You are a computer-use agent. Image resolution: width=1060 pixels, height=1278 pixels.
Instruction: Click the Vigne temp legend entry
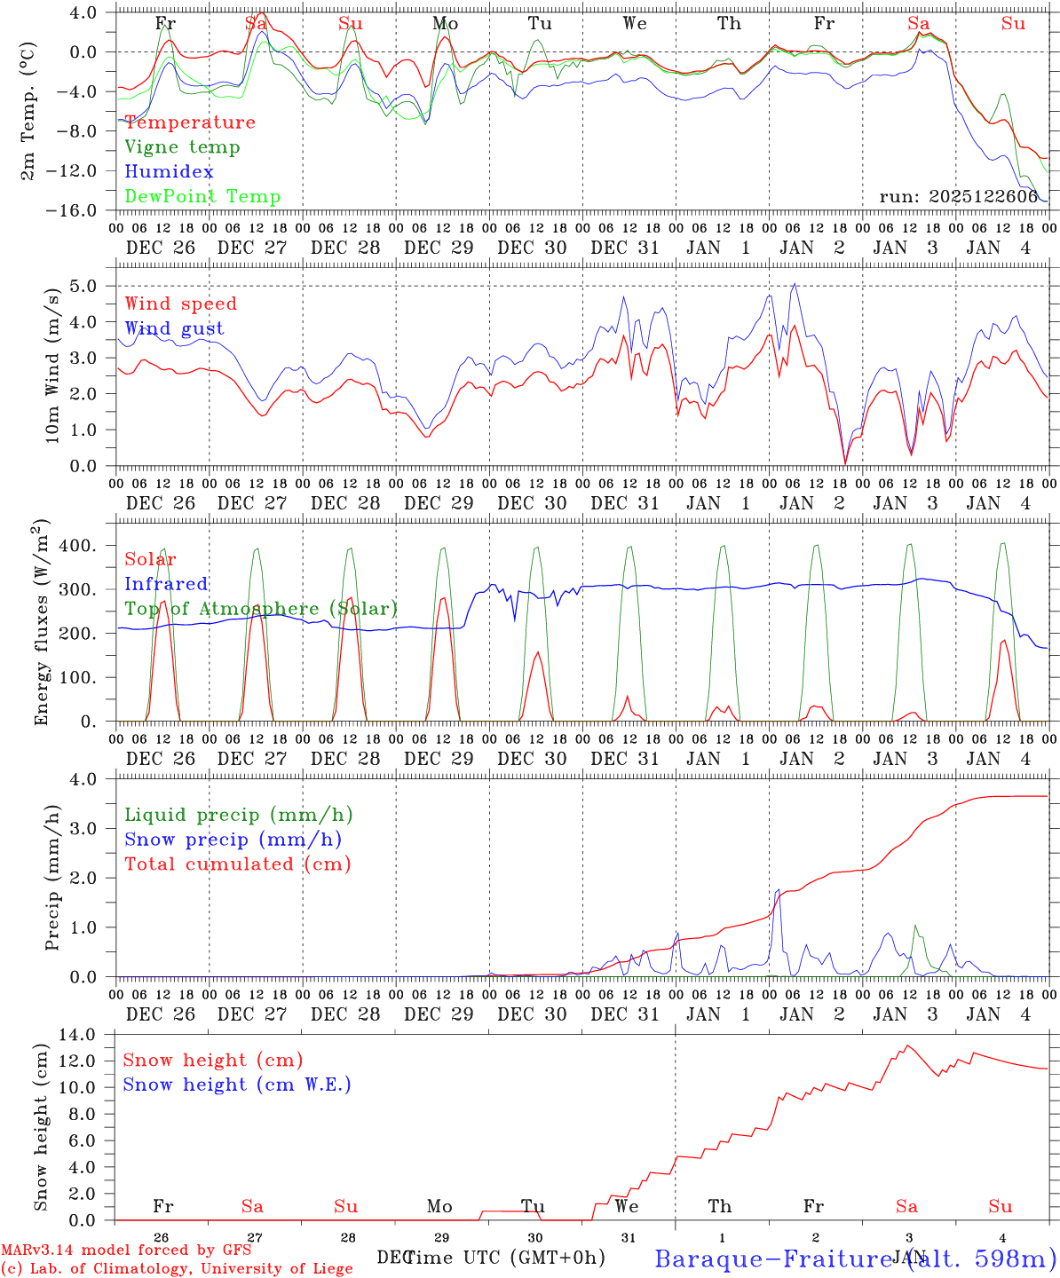click(x=182, y=147)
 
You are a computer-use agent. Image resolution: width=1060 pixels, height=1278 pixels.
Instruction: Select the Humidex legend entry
click(x=169, y=172)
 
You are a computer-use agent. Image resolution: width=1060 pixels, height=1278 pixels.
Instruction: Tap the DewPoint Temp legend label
click(x=202, y=197)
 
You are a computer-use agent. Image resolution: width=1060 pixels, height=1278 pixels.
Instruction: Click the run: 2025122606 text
click(x=959, y=197)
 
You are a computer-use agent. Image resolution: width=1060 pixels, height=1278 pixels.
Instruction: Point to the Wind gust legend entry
click(x=174, y=328)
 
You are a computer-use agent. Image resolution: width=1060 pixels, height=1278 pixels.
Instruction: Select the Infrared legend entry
click(x=166, y=584)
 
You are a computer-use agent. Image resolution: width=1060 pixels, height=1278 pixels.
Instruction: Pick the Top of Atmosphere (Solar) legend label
click(x=261, y=609)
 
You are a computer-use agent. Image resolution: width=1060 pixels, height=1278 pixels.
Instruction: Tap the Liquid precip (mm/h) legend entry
click(x=238, y=815)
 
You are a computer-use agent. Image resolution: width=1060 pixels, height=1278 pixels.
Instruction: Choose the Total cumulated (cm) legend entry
click(x=237, y=864)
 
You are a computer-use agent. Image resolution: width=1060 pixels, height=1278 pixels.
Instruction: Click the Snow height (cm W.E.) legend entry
click(x=237, y=1085)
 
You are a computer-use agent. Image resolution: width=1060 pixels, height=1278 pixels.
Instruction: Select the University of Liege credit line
click(x=177, y=1268)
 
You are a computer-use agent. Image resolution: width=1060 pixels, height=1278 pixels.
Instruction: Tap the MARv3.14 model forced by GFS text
click(x=126, y=1250)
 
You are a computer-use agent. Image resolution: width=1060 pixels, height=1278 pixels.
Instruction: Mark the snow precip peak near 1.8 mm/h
click(x=779, y=889)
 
